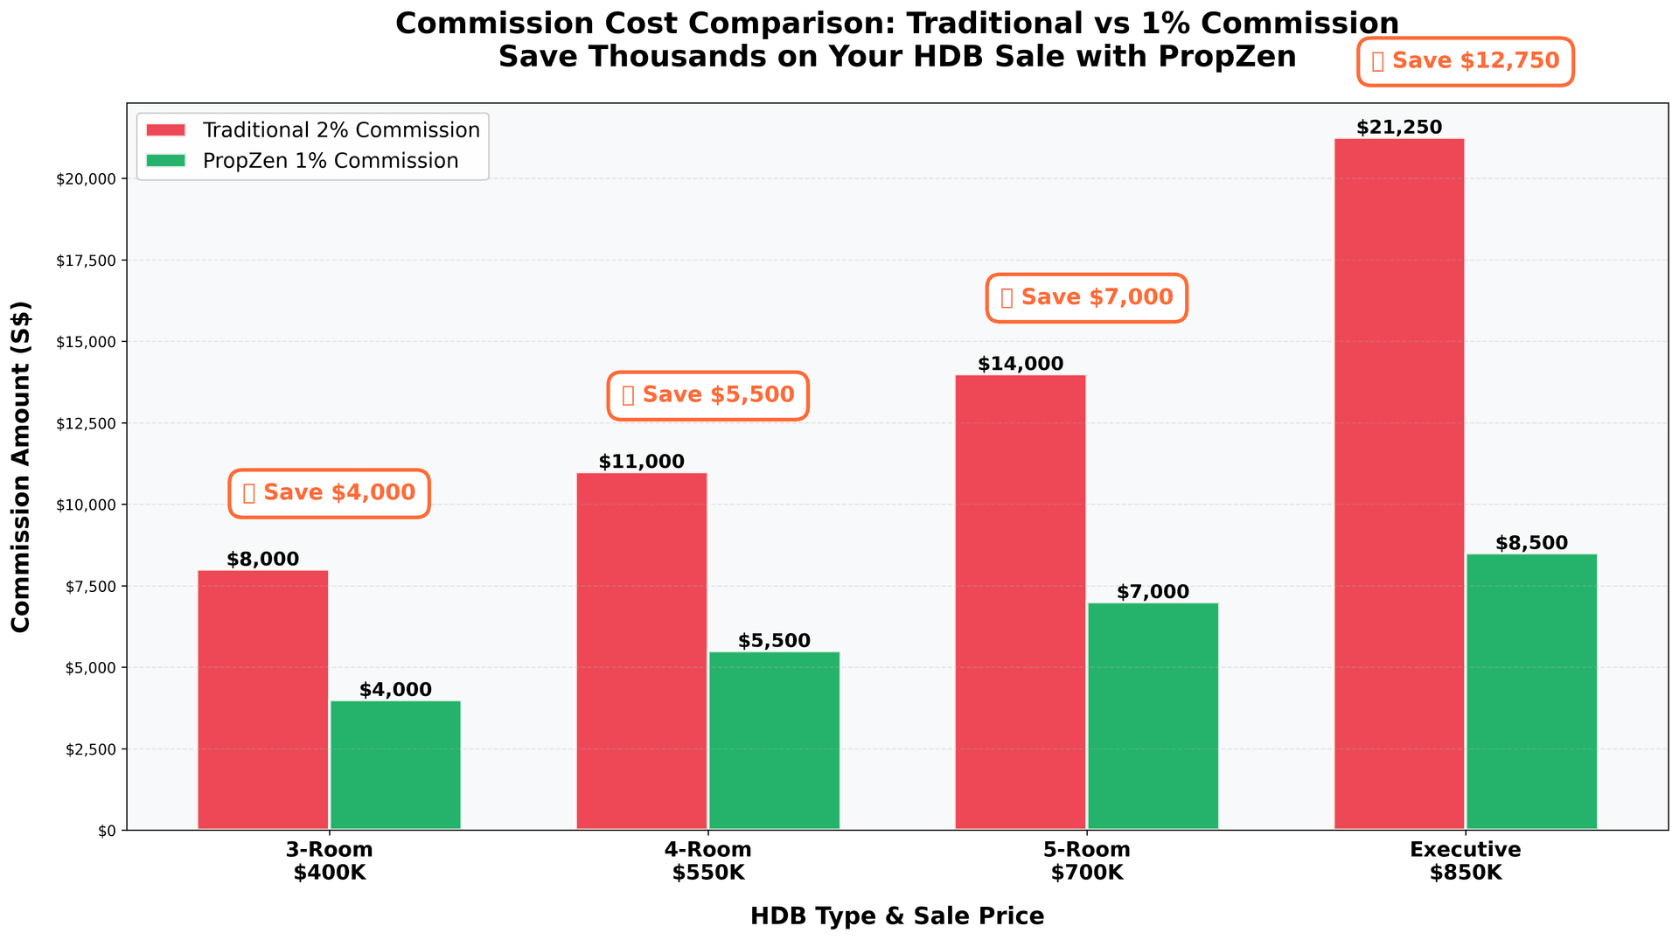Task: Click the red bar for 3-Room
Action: point(263,700)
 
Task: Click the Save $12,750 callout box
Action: point(1465,61)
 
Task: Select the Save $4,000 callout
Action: point(329,493)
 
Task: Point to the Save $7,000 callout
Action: point(1087,298)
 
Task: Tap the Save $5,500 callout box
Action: point(707,395)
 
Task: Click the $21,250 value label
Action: point(1399,128)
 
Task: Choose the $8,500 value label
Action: point(1531,543)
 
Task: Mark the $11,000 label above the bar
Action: point(642,462)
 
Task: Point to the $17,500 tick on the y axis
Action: point(92,261)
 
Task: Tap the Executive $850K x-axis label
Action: point(1465,861)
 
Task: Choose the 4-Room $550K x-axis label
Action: point(707,861)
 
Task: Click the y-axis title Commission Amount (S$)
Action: point(21,467)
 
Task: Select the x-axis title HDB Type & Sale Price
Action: point(897,916)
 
